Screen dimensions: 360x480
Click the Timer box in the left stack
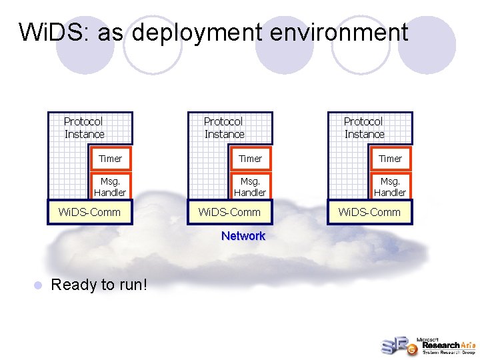coord(110,159)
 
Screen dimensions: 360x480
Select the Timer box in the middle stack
coord(250,159)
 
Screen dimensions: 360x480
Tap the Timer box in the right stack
coord(390,159)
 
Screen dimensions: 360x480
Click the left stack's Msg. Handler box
coord(110,186)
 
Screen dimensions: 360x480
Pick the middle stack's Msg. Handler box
coord(250,186)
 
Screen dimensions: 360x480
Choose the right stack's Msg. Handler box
coord(390,186)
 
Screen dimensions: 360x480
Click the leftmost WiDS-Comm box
coord(90,212)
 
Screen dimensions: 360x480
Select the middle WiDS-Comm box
coord(230,212)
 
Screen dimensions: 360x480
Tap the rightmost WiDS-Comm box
coord(370,212)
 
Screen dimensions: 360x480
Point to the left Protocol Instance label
coord(84,128)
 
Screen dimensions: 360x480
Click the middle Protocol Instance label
coord(224,128)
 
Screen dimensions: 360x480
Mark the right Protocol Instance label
coord(364,128)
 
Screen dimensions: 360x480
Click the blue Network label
coord(243,236)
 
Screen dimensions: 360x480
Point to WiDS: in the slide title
coord(57,32)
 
